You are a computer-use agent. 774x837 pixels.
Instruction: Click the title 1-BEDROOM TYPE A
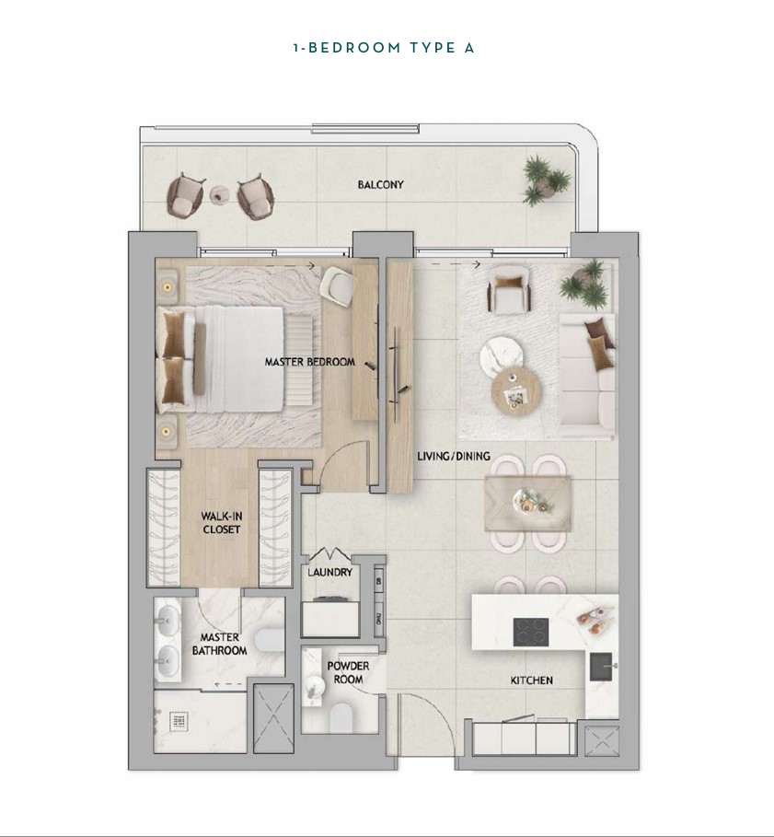(384, 48)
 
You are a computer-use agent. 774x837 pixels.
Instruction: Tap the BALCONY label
(380, 185)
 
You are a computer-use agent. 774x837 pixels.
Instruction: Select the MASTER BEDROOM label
(310, 362)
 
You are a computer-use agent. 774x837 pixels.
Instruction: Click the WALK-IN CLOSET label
(222, 523)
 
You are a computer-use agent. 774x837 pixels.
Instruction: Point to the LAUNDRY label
(330, 572)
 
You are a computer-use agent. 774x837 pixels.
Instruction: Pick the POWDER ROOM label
(348, 672)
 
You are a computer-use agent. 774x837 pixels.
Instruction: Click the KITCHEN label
(532, 680)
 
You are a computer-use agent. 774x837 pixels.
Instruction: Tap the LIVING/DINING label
(454, 457)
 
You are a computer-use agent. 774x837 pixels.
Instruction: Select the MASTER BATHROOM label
(219, 644)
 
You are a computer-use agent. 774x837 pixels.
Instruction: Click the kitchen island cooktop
(531, 632)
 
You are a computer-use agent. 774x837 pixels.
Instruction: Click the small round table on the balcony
(219, 195)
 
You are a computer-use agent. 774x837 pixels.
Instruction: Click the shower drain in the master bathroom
(179, 722)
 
